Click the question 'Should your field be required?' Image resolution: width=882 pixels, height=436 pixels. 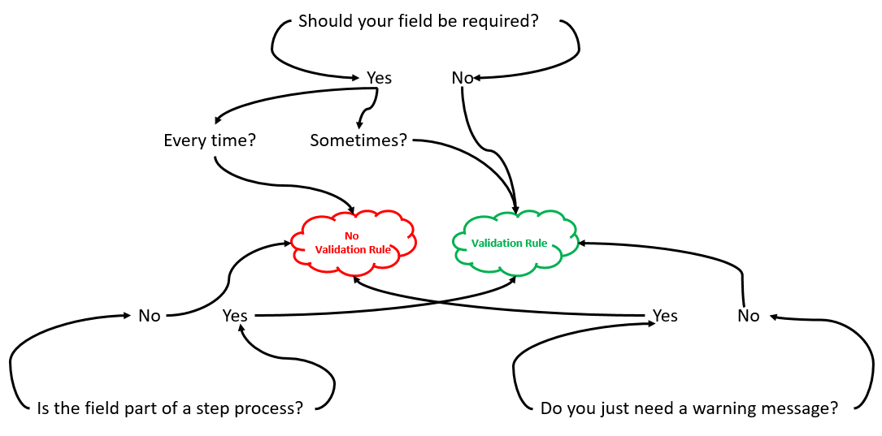pyautogui.click(x=419, y=22)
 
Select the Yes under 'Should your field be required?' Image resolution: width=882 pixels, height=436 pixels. pyautogui.click(x=379, y=78)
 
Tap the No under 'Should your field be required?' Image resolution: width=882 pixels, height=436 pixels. pyautogui.click(x=463, y=78)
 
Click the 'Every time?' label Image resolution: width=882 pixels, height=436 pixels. pyautogui.click(x=210, y=140)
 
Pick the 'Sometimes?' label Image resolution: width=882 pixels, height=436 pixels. pyautogui.click(x=358, y=140)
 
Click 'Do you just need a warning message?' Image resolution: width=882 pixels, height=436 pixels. pyautogui.click(x=689, y=408)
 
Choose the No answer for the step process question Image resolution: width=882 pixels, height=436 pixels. pyautogui.click(x=149, y=317)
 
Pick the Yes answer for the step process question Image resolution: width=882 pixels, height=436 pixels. pyautogui.click(x=235, y=317)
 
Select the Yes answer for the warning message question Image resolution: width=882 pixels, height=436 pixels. pyautogui.click(x=665, y=317)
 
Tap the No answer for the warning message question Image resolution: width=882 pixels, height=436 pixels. pyautogui.click(x=748, y=317)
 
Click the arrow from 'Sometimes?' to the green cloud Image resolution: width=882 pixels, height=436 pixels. pyautogui.click(x=490, y=163)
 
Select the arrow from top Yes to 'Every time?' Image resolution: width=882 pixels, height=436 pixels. pyautogui.click(x=293, y=101)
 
